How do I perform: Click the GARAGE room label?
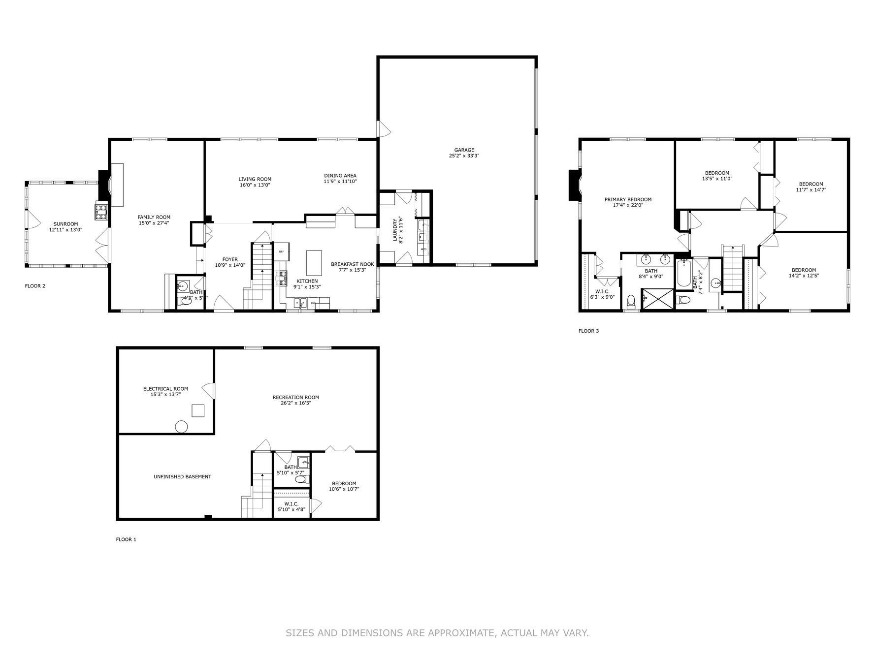pos(464,150)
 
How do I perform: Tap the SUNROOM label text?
pos(65,224)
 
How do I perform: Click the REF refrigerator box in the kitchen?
pos(282,251)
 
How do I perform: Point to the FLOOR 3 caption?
pos(588,331)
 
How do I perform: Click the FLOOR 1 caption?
pos(126,539)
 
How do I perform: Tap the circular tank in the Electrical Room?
pos(181,427)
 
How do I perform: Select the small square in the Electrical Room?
pos(198,411)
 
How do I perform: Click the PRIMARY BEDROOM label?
pos(628,199)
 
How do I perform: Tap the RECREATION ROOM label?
pos(295,397)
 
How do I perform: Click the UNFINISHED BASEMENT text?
pos(182,476)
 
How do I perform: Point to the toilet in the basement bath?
pos(300,478)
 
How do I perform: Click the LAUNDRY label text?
pos(394,229)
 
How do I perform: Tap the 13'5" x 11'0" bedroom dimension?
pos(717,179)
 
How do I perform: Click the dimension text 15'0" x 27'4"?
pos(154,223)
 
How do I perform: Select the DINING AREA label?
pos(340,176)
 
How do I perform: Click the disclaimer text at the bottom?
pos(437,632)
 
